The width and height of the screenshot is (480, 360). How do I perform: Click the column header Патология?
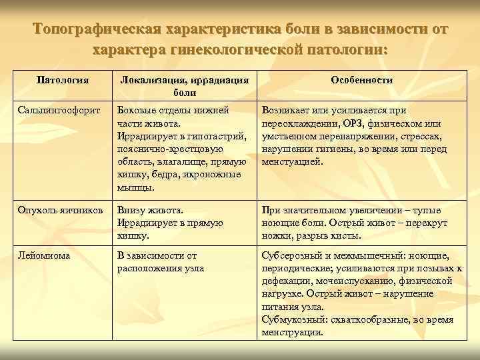point(62,80)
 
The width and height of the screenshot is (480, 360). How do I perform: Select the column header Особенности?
point(362,80)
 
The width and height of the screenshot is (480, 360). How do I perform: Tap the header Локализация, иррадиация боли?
point(185,86)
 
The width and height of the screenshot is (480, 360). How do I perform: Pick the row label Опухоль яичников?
point(60,210)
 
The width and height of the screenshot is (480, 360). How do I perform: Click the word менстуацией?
point(293,161)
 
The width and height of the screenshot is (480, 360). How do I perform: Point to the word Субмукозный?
point(292,319)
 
